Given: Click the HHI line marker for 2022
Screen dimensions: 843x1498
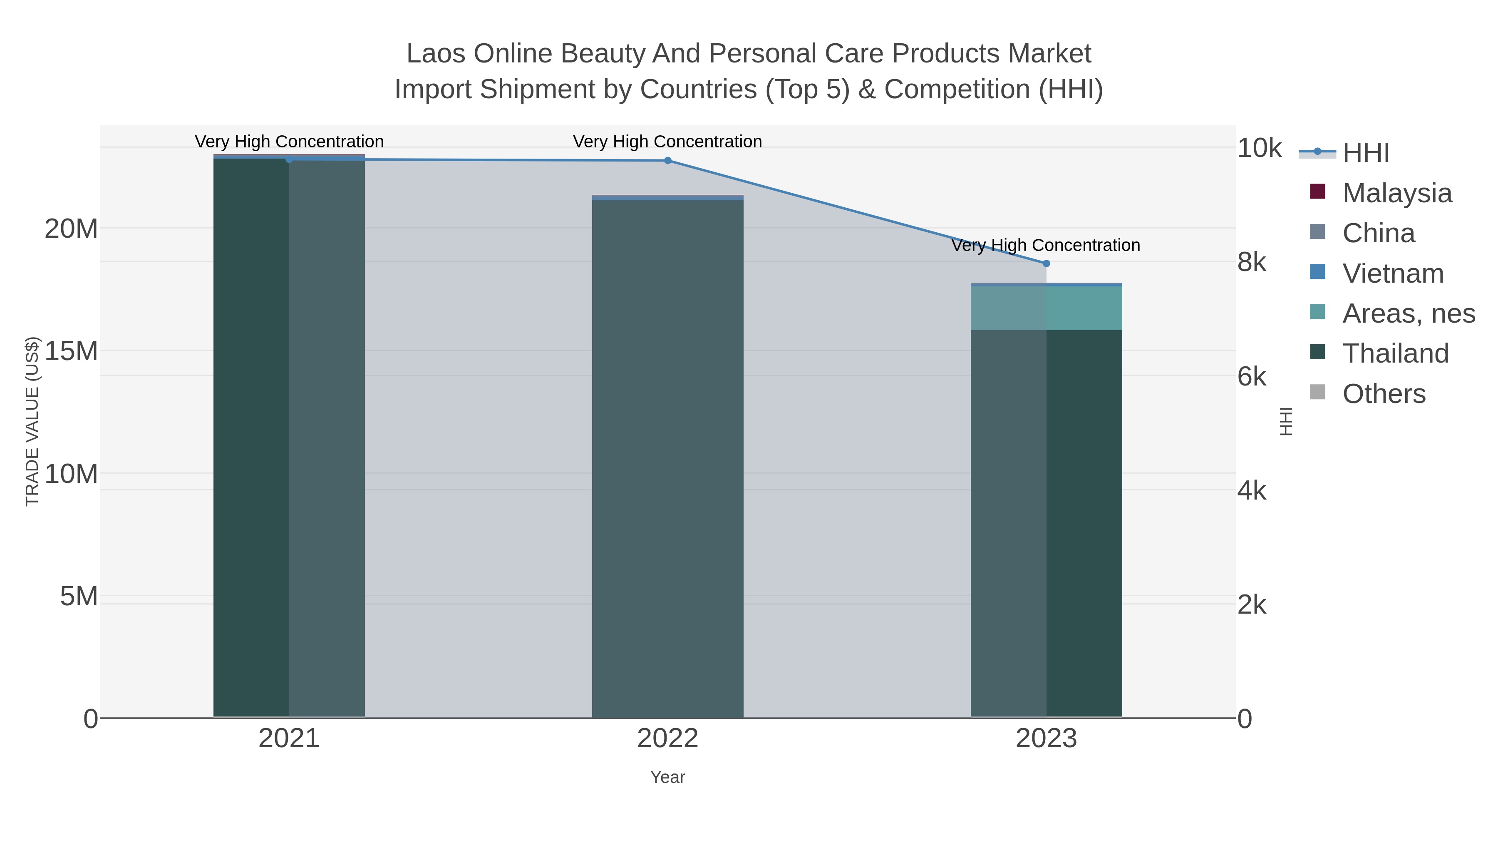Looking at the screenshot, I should [667, 161].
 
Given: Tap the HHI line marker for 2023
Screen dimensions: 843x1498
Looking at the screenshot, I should [1046, 264].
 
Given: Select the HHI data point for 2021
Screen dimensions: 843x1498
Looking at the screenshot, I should [289, 159].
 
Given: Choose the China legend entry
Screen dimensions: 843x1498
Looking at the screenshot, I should [1378, 233].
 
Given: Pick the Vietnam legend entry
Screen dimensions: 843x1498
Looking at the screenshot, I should [1393, 274].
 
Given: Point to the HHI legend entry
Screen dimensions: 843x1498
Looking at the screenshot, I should [1365, 153].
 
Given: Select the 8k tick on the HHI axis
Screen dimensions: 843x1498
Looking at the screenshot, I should [1251, 262].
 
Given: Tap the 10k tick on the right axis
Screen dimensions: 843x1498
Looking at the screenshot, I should [1258, 148].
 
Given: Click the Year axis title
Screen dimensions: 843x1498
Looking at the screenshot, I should [667, 777].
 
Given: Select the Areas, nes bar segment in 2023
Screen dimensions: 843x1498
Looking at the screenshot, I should [1046, 308].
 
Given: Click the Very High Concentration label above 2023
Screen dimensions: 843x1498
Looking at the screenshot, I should [1046, 246].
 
